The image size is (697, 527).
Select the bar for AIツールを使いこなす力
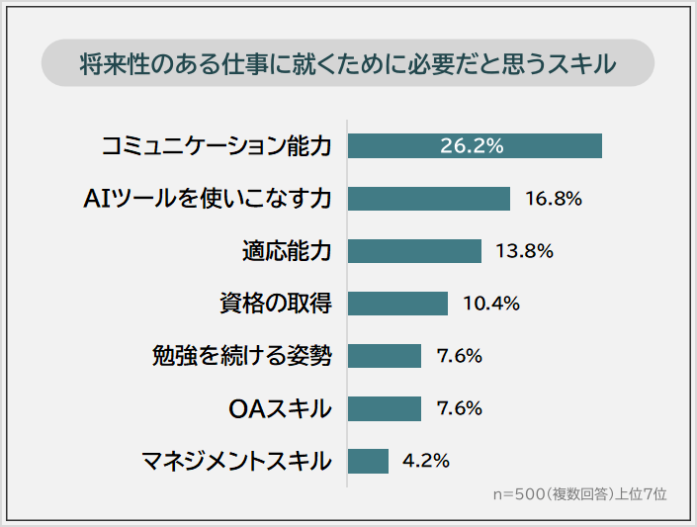429,199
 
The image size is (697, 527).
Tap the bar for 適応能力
414,251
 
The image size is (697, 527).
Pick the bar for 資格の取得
397,304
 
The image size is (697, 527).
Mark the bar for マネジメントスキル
368,461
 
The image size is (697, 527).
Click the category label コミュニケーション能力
217,146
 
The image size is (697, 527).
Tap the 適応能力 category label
287,251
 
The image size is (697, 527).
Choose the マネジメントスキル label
236,461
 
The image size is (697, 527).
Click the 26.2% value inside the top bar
473,146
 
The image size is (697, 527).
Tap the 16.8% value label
554,199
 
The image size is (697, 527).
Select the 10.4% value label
491,304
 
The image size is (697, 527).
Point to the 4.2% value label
427,461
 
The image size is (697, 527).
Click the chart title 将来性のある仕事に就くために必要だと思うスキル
348,63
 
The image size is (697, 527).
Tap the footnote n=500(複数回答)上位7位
579,493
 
